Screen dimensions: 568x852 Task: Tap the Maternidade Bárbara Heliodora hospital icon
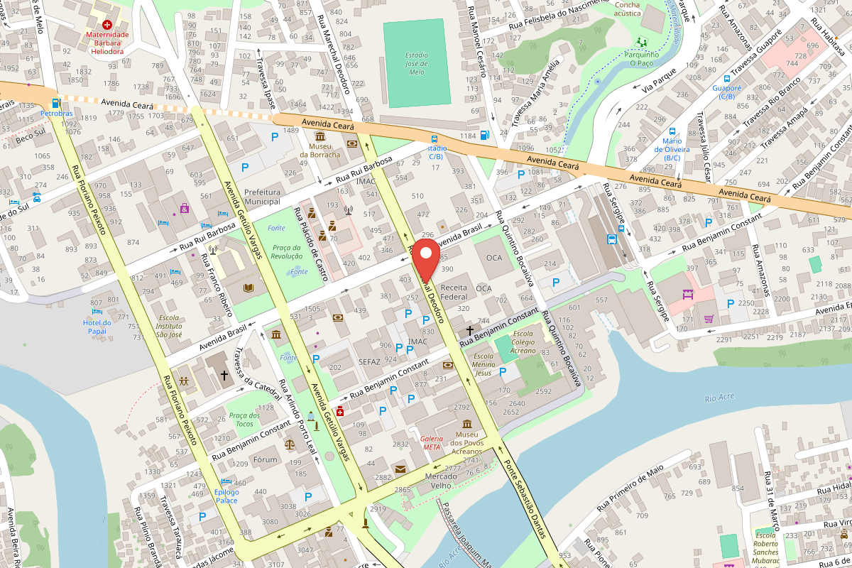[106, 24]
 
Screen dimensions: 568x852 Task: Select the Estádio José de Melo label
[416, 63]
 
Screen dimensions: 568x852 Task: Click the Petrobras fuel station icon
[55, 103]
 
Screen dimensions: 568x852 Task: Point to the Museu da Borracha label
[319, 150]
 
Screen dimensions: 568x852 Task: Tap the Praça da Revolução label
[287, 251]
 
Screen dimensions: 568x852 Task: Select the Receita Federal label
[454, 292]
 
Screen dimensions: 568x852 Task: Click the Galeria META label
[431, 442]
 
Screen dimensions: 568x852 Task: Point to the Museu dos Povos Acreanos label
[467, 443]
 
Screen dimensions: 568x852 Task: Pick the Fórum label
[266, 459]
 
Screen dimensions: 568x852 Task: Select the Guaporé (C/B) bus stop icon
[726, 80]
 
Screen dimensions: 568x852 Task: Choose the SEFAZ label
[370, 361]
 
